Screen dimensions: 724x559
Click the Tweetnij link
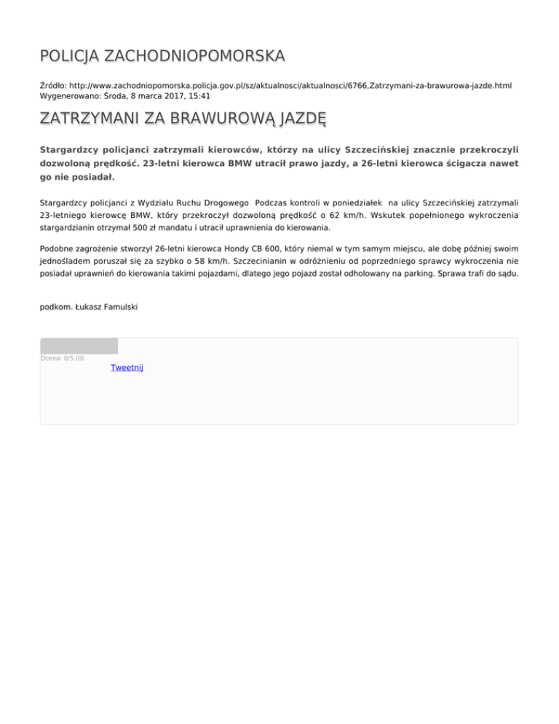(127, 368)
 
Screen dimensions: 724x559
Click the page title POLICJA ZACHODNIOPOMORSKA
(162, 56)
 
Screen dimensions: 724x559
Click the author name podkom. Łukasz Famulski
(88, 307)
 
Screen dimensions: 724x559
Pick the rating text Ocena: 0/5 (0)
(62, 358)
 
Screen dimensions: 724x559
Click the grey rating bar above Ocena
(79, 346)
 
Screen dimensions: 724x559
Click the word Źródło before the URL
(52, 85)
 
